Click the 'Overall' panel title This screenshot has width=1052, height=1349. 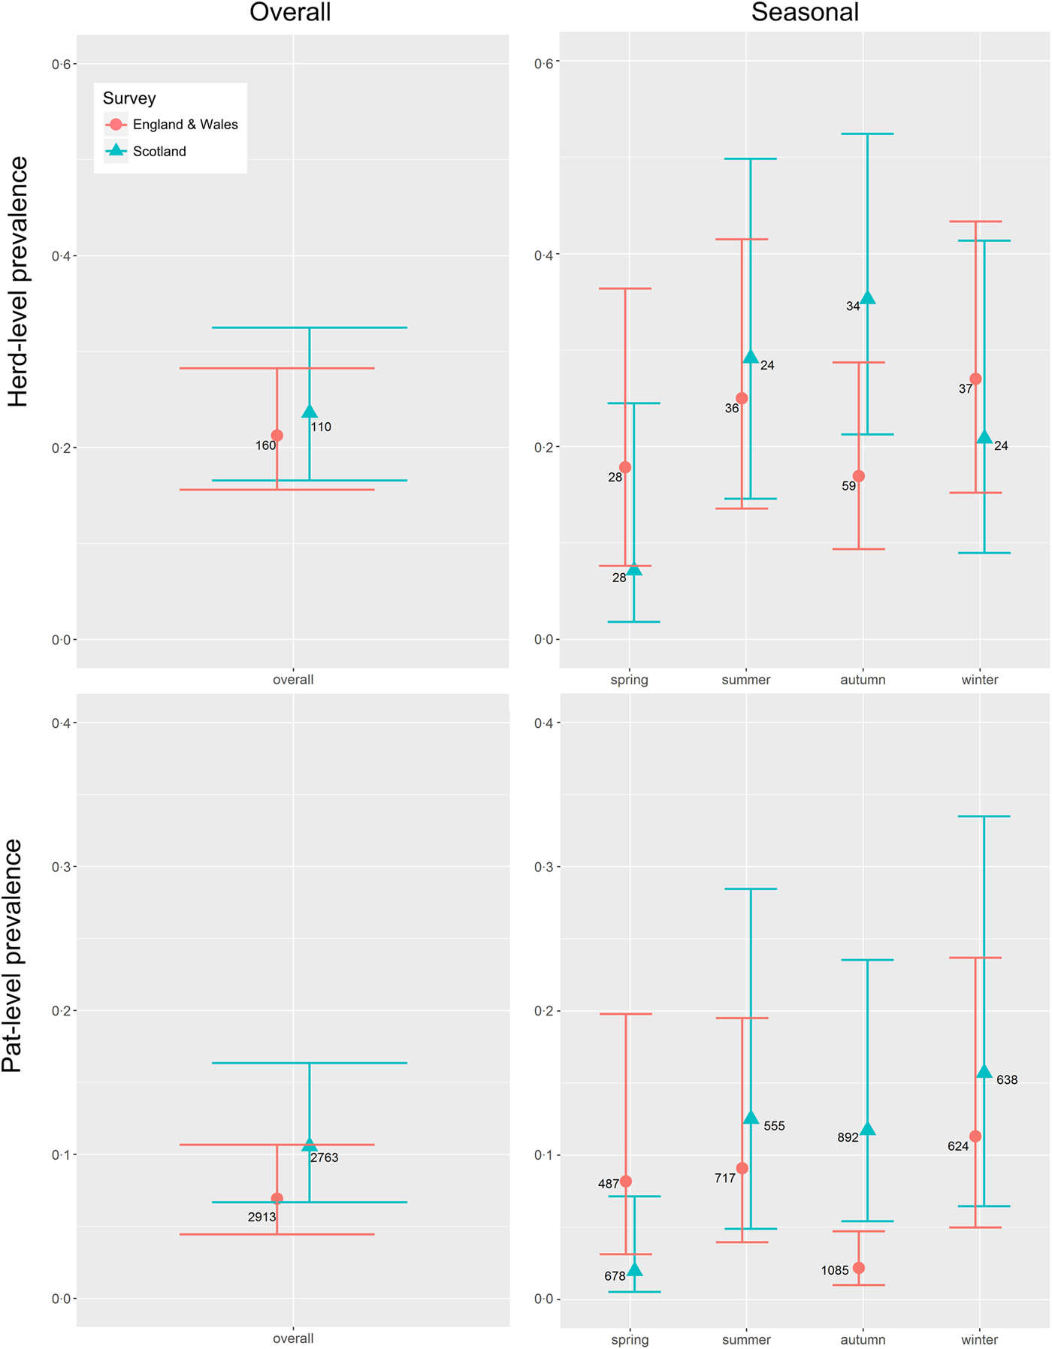pos(290,12)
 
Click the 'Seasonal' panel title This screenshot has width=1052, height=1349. pos(805,12)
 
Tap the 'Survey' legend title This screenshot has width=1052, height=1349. pos(129,98)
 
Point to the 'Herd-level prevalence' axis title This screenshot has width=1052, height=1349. pos(17,282)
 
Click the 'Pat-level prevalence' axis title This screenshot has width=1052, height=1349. pos(13,955)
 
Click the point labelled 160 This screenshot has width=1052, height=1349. pos(277,436)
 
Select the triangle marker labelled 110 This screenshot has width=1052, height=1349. pos(310,412)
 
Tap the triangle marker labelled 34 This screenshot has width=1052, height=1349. pos(868,298)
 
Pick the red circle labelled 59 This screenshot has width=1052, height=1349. pos(859,476)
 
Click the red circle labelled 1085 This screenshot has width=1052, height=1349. pos(859,1268)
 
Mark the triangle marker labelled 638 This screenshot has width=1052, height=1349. pos(984,1072)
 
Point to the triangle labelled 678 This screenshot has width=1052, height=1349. pos(634,1270)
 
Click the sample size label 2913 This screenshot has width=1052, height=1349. pos(262,1217)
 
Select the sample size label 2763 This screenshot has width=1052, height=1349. pos(325,1157)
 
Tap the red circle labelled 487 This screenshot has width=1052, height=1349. pos(626,1182)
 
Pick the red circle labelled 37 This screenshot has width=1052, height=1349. pos(975,379)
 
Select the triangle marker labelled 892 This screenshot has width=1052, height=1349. pos(868,1129)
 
